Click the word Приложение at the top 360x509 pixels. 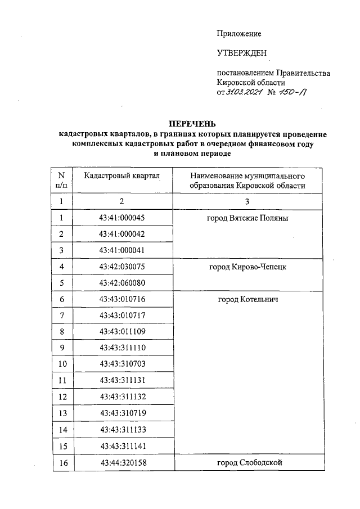pos(239,34)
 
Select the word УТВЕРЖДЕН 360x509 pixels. pos(242,54)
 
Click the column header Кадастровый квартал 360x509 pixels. pos(122,175)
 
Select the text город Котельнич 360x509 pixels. pos(247,299)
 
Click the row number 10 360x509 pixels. pos(61,364)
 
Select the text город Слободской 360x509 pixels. pos(247,463)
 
